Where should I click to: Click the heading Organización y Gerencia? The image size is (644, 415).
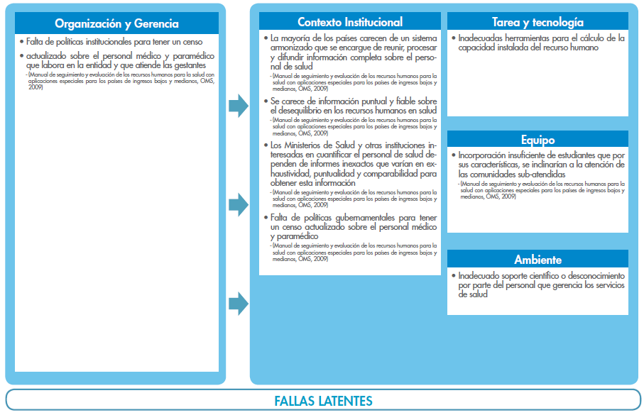[x=116, y=23]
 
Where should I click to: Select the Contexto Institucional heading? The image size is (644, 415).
[x=350, y=22]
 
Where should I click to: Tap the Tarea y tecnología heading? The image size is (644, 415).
[x=537, y=22]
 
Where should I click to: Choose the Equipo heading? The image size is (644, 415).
[x=537, y=140]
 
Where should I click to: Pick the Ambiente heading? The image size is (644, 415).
[x=537, y=260]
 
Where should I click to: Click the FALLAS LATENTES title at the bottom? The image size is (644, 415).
[x=323, y=401]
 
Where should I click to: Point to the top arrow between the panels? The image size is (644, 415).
[x=238, y=106]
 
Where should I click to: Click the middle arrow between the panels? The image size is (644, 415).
[x=238, y=205]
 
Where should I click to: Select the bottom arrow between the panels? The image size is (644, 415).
[x=238, y=304]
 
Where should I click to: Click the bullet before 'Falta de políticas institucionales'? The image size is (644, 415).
[x=21, y=42]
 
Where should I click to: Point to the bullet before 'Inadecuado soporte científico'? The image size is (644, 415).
[x=453, y=275]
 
